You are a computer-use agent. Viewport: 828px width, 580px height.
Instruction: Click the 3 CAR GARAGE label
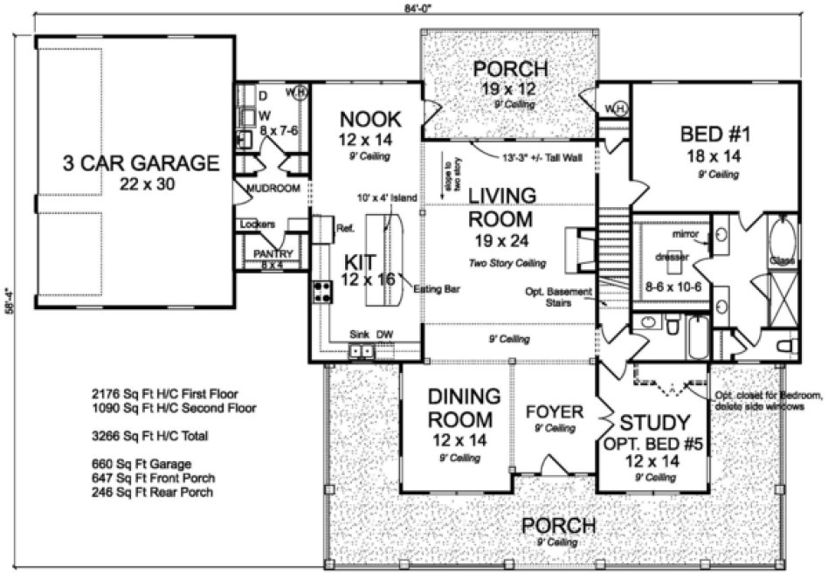pos(140,162)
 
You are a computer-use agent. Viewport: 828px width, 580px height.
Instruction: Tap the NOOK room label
pos(370,120)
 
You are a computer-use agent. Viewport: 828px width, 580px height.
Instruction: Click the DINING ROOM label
pos(464,407)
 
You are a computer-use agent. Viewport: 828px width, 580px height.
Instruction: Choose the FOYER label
pos(554,411)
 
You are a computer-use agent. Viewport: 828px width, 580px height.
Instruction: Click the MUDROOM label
pos(273,188)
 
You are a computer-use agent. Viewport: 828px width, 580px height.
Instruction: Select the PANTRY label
pos(273,254)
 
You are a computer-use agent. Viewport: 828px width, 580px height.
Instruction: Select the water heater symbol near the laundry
pos(298,93)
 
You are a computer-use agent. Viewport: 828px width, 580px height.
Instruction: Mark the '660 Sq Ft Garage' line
pos(140,464)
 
